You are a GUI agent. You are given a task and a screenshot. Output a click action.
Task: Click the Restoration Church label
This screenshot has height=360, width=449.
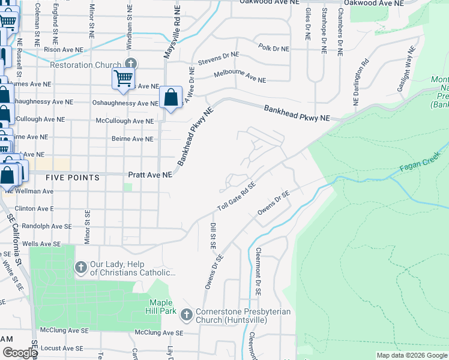point(86,65)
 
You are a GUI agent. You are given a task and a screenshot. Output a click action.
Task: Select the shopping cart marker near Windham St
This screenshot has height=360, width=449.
point(123,79)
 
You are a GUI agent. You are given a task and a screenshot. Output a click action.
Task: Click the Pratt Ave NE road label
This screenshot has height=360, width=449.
point(150,175)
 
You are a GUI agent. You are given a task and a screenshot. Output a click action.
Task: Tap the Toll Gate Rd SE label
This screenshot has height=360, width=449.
point(237,197)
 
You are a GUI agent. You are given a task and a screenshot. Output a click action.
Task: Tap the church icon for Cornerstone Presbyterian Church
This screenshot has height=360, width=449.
point(187,314)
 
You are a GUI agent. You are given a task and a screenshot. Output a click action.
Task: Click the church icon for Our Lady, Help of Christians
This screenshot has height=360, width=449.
point(81,266)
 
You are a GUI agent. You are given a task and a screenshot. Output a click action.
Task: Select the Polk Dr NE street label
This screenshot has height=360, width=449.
point(273,47)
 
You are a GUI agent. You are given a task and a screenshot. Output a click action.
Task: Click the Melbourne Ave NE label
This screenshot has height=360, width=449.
point(240,77)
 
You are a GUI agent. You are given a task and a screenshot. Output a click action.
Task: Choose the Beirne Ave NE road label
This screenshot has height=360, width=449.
point(133,139)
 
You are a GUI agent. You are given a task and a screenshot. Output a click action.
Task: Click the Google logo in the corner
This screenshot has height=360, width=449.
point(19,353)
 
